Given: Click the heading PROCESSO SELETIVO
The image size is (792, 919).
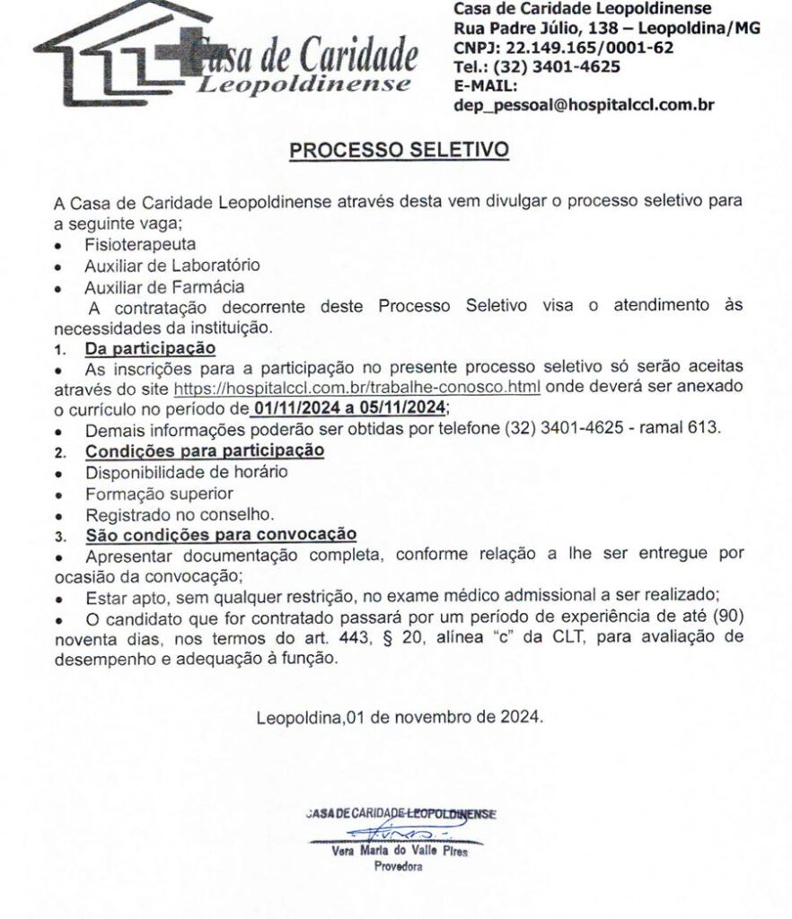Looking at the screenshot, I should pyautogui.click(x=398, y=149).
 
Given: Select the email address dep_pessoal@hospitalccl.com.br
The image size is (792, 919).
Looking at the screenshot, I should pyautogui.click(x=584, y=104).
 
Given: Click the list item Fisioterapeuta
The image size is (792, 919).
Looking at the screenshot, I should pyautogui.click(x=140, y=243).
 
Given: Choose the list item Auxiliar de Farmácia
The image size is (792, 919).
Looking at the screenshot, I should pyautogui.click(x=164, y=286).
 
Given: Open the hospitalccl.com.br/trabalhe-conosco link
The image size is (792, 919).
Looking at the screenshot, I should pyautogui.click(x=356, y=388).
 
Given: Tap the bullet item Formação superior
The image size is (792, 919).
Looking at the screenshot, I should pyautogui.click(x=159, y=493).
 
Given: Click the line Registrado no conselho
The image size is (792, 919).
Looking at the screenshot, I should pyautogui.click(x=179, y=514).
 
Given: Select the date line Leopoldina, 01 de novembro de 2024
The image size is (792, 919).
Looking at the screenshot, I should pyautogui.click(x=399, y=717).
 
